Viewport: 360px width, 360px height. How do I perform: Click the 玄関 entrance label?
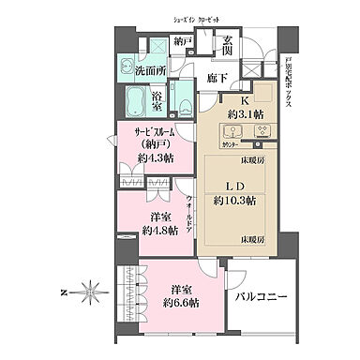pos(231,44)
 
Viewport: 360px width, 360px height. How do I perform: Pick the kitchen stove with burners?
pos(262,133)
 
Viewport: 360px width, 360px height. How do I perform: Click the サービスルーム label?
pos(156,133)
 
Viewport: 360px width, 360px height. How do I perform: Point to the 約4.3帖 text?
pos(156,158)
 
